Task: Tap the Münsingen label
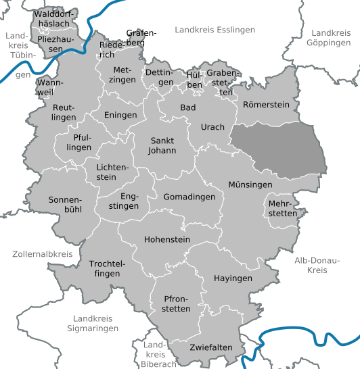coord(250,184)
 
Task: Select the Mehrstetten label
coord(282,208)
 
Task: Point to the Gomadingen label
coord(189,197)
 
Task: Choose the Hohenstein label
coord(167,240)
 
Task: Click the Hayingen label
coord(233,278)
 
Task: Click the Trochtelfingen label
coord(104,268)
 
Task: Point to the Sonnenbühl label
coord(65,205)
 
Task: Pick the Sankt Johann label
coord(162,145)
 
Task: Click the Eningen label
coord(120,115)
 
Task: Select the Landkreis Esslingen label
coord(215,30)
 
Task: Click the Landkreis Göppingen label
coord(332,37)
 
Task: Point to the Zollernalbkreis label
coord(42,254)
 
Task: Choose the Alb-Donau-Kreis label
coord(311,265)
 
